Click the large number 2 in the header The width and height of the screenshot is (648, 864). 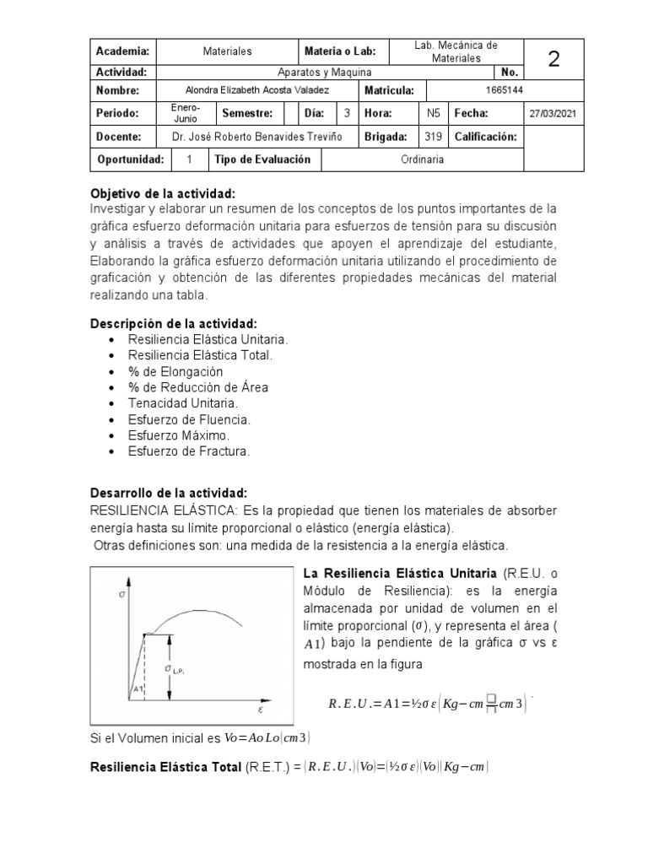(x=553, y=58)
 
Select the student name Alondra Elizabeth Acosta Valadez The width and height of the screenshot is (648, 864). (x=256, y=90)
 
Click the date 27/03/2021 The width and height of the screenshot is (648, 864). (x=553, y=113)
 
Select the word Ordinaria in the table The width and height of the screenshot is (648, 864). (x=423, y=159)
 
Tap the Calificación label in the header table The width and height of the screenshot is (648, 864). (x=486, y=136)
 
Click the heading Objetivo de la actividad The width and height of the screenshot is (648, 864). (x=162, y=193)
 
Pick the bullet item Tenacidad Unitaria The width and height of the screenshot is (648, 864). (x=182, y=403)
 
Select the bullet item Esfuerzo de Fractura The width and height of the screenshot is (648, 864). (x=188, y=451)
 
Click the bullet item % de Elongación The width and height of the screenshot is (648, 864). (x=175, y=371)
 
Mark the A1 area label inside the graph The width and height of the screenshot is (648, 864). (x=138, y=689)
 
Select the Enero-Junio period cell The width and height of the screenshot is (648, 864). (x=185, y=113)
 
